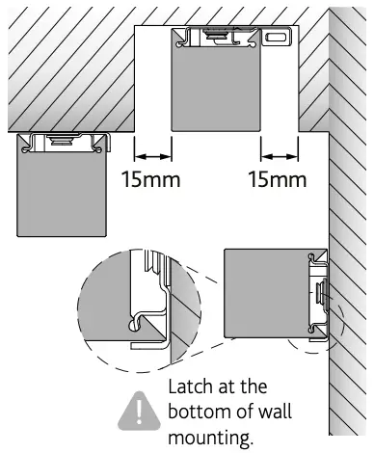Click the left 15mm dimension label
(152, 179)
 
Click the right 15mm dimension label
(278, 179)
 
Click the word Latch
(193, 386)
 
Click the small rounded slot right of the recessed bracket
(277, 36)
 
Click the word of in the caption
(251, 413)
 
